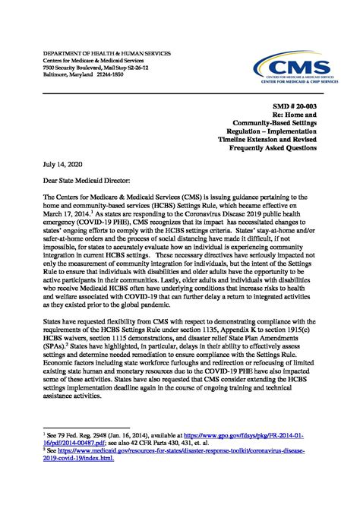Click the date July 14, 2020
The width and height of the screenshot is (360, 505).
point(52,163)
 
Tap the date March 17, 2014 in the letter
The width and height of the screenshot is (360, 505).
point(61,215)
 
